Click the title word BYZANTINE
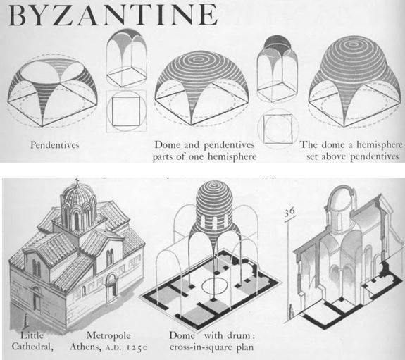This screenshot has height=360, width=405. pyautogui.click(x=113, y=15)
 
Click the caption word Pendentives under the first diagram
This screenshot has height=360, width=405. pyautogui.click(x=55, y=144)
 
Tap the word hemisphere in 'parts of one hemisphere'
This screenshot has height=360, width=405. pyautogui.click(x=232, y=156)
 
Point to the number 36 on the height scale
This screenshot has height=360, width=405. pyautogui.click(x=289, y=212)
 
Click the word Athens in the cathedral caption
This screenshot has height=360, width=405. pyautogui.click(x=85, y=347)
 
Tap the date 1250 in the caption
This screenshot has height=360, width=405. pyautogui.click(x=137, y=347)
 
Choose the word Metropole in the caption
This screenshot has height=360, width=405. pyautogui.click(x=108, y=335)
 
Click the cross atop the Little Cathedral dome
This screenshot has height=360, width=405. pyautogui.click(x=77, y=181)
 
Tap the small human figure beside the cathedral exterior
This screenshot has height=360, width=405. pyautogui.click(x=26, y=321)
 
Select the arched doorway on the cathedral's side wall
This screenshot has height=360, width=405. pyautogui.click(x=111, y=287)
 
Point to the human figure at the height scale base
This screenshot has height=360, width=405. pyautogui.click(x=292, y=312)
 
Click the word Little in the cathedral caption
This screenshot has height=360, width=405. pyautogui.click(x=32, y=335)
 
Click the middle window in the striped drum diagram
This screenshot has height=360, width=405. pyautogui.click(x=215, y=223)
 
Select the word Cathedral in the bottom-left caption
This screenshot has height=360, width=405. pyautogui.click(x=32, y=347)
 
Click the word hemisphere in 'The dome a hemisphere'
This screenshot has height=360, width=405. pyautogui.click(x=380, y=144)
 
